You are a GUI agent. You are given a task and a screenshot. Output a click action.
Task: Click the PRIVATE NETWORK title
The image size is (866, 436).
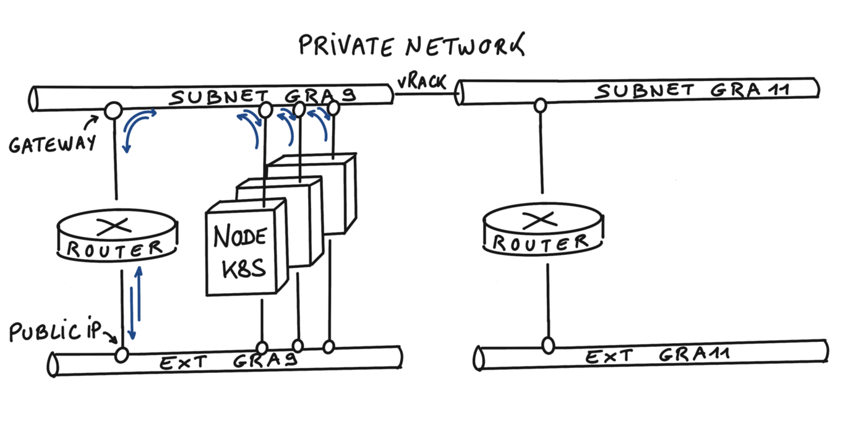pyautogui.click(x=411, y=46)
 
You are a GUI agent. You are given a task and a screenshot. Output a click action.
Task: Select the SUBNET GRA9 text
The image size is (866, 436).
pyautogui.click(x=263, y=96)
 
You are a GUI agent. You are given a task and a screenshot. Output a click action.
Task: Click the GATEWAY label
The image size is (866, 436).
pyautogui.click(x=53, y=143)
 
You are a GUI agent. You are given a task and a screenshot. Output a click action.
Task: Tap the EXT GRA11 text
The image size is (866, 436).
pyautogui.click(x=658, y=356)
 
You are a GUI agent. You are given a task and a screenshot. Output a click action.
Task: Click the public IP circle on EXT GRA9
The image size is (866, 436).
pyautogui.click(x=122, y=355)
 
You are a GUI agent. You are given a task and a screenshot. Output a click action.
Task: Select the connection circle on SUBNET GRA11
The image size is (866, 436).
pyautogui.click(x=540, y=105)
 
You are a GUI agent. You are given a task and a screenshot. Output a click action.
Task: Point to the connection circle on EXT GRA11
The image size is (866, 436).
pyautogui.click(x=548, y=345)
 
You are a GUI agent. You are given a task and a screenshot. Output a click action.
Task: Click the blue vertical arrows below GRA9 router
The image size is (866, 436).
pyautogui.click(x=136, y=303)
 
